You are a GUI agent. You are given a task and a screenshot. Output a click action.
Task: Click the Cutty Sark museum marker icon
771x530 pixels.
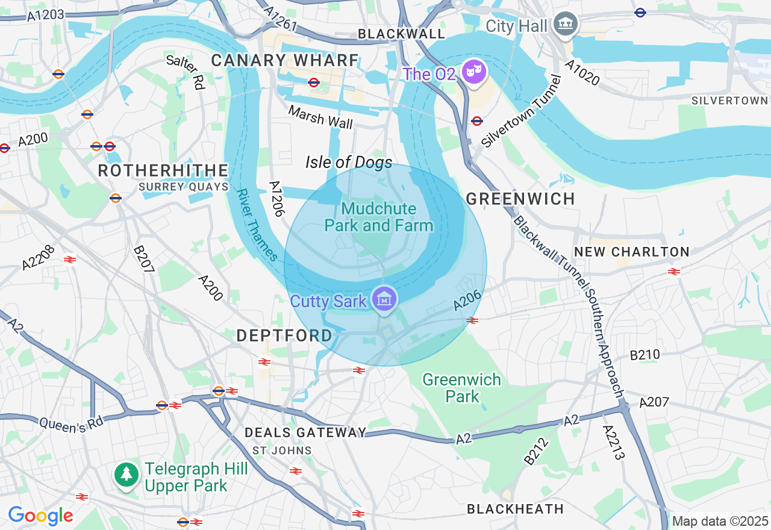coord(384,299)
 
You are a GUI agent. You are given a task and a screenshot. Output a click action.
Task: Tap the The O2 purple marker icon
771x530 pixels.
coord(474,72)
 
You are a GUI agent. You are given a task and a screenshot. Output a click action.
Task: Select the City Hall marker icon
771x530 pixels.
coord(565,24)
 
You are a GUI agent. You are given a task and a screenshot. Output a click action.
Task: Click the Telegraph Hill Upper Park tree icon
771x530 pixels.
coord(126,475)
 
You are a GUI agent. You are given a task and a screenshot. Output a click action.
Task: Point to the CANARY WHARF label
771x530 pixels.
coord(285,60)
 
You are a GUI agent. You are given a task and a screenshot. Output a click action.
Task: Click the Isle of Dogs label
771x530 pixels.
coord(349,162)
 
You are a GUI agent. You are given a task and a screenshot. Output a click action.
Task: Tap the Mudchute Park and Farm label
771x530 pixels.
coord(379,217)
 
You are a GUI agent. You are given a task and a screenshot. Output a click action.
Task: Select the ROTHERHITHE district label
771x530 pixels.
coord(163,170)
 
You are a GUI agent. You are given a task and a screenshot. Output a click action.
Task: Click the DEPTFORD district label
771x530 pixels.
coord(284,335)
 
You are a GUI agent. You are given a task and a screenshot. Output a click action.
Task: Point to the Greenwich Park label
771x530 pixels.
coord(461,388)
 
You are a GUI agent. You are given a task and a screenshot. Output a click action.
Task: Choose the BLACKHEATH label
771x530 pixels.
coord(516,509)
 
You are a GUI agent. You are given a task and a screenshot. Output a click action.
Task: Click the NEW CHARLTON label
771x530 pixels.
coord(632,252)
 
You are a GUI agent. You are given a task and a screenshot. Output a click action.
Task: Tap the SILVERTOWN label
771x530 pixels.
coord(729,101)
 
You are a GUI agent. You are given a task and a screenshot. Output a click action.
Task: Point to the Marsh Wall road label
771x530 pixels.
coord(320,117)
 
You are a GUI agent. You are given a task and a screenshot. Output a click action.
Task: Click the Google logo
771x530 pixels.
coord(40,516)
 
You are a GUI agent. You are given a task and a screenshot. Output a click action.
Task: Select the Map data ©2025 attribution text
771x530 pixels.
coord(720,521)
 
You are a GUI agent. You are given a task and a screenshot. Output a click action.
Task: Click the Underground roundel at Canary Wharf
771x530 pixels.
coord(313,83)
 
